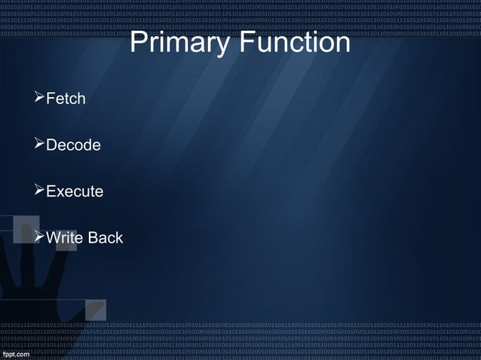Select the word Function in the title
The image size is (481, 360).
click(x=296, y=43)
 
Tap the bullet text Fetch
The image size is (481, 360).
click(x=66, y=99)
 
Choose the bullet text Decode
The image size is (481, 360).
click(x=73, y=145)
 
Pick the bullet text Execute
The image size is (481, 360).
click(x=75, y=191)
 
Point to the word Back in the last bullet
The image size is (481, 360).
click(x=106, y=238)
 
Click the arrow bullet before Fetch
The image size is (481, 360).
click(x=40, y=98)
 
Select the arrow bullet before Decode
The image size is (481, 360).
click(x=40, y=144)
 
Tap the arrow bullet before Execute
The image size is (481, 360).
click(x=40, y=191)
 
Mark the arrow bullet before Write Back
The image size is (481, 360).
click(x=40, y=237)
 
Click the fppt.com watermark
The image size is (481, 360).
click(x=16, y=353)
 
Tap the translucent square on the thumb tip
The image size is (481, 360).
click(x=96, y=310)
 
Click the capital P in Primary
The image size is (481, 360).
click(x=137, y=43)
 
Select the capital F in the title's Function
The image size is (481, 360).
click(x=247, y=43)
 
